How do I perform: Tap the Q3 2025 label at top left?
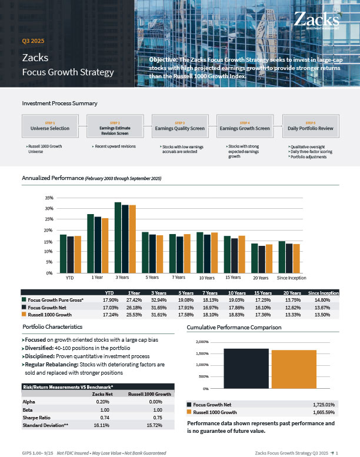[33, 41]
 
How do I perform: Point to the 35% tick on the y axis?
[49, 198]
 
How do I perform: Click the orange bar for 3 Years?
[132, 238]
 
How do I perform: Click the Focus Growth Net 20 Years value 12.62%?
[292, 307]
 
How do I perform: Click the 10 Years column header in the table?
[236, 293]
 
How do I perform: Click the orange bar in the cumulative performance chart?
[294, 369]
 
